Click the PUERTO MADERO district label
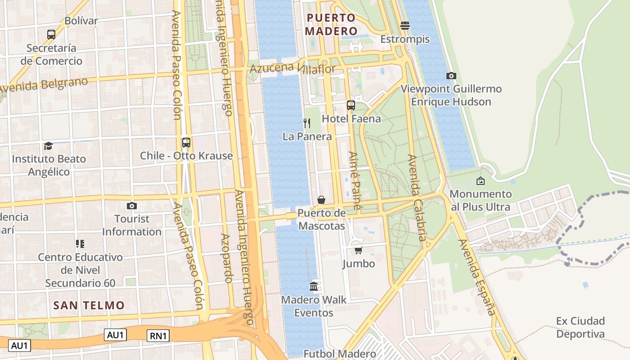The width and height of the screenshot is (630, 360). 331,24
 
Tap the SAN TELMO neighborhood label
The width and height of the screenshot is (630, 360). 89,305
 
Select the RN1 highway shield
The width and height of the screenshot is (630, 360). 158,335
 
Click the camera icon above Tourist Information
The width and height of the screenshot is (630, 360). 131,206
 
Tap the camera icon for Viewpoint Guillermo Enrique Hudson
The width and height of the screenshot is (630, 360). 451,76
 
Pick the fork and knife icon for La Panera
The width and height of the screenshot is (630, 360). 307,123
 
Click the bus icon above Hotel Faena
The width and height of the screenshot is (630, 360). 351,105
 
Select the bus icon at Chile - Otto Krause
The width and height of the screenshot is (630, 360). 186,143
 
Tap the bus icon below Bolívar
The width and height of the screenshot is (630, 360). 51,34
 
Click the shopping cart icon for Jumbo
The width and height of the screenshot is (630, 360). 358,250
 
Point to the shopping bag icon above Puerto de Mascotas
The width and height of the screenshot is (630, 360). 321,199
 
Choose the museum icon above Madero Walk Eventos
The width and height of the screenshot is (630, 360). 314,286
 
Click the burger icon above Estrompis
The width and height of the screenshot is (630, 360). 405,26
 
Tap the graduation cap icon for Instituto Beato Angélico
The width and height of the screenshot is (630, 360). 48,146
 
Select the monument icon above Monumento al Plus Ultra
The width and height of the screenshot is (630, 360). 480,181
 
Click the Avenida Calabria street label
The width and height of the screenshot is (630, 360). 417,198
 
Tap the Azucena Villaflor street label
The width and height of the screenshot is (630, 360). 292,69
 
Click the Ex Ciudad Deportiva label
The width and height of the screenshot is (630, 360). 580,327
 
